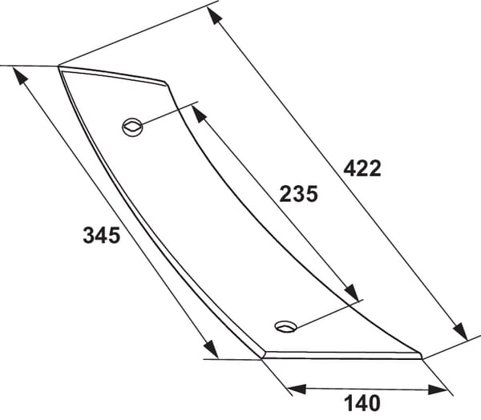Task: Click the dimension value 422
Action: coord(362,168)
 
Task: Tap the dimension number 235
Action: coord(298,194)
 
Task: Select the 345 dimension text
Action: coord(102,236)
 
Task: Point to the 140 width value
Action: coord(362,403)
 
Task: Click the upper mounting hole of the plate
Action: coord(132,127)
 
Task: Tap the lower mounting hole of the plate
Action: coord(286,326)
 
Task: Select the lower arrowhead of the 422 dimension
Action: coord(460,331)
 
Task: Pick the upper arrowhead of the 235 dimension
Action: coord(199,114)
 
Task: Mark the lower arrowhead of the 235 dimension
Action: coord(352,293)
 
